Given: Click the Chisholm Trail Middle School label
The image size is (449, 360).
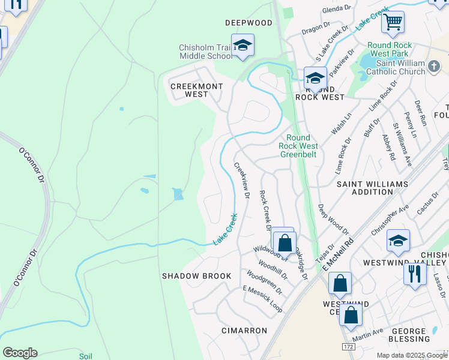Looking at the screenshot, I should tap(205, 52).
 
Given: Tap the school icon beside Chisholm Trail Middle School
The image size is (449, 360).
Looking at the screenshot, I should tap(243, 46).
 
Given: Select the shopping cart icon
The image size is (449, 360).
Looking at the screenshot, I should tap(393, 22).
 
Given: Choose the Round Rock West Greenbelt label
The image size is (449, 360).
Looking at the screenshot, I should tap(298, 146).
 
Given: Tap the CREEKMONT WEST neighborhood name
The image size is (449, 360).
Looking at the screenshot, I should tap(197, 90).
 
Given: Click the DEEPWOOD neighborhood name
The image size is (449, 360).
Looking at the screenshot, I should tap(249, 23).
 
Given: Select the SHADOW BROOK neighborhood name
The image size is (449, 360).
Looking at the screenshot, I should tap(196, 276).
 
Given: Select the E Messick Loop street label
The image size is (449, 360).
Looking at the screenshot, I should tap(262, 298).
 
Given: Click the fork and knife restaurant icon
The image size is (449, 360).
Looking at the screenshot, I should tap(415, 274).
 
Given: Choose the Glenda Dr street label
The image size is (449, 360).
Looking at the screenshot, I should tap(336, 8).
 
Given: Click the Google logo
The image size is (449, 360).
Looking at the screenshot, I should tap(20, 353).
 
